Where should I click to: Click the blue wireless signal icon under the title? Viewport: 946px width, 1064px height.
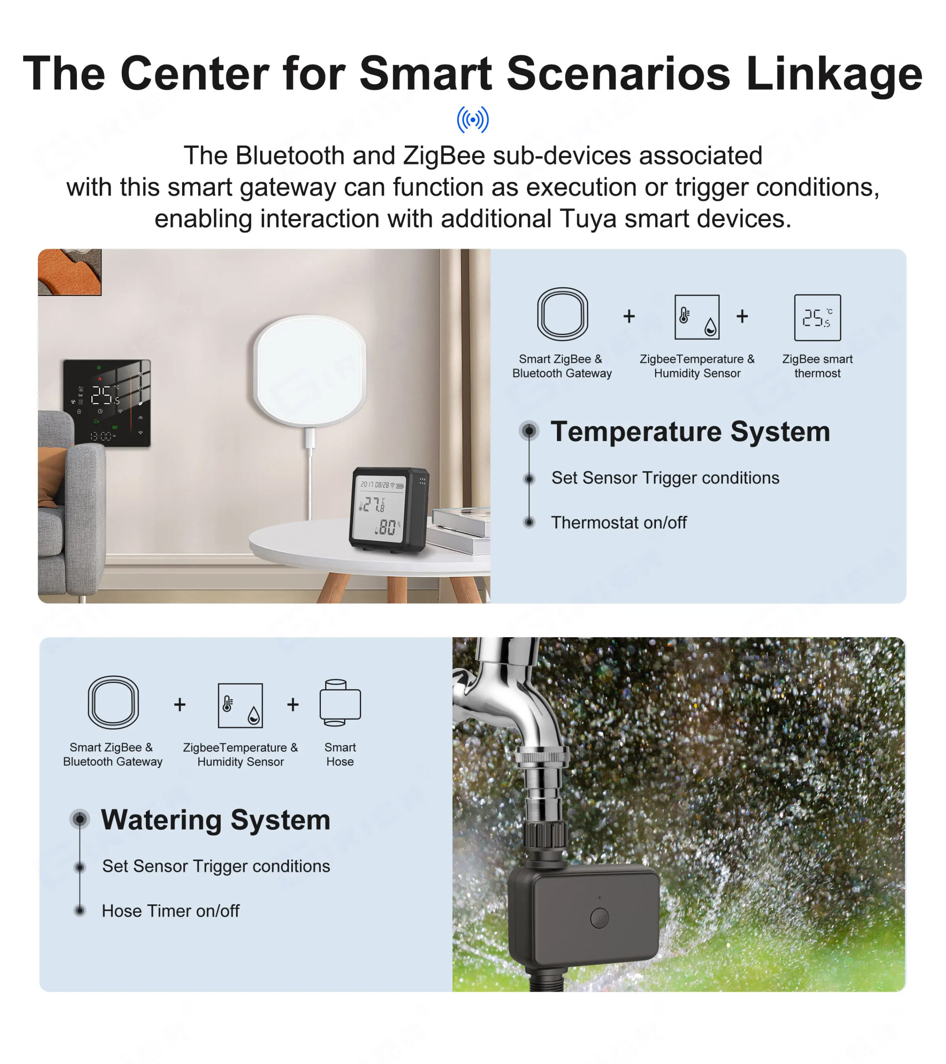coord(473,119)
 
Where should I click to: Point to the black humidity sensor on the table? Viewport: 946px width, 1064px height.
coord(388,510)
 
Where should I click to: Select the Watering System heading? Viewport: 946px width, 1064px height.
coord(216,820)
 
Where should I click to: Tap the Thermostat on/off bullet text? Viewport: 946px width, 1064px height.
coord(619,522)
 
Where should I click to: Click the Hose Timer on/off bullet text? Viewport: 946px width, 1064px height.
coord(171,911)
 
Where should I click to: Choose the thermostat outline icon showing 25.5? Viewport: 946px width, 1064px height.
coord(818,318)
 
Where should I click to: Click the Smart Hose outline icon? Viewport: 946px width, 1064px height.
coord(340,702)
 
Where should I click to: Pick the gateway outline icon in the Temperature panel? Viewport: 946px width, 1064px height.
coord(563,314)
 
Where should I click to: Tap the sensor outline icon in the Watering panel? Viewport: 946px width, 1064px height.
coord(240,705)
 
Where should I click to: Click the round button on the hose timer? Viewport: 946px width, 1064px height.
coord(600,918)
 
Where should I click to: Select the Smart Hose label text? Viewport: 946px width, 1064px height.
coord(340,754)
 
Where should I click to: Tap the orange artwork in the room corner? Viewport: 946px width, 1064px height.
coord(69,272)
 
